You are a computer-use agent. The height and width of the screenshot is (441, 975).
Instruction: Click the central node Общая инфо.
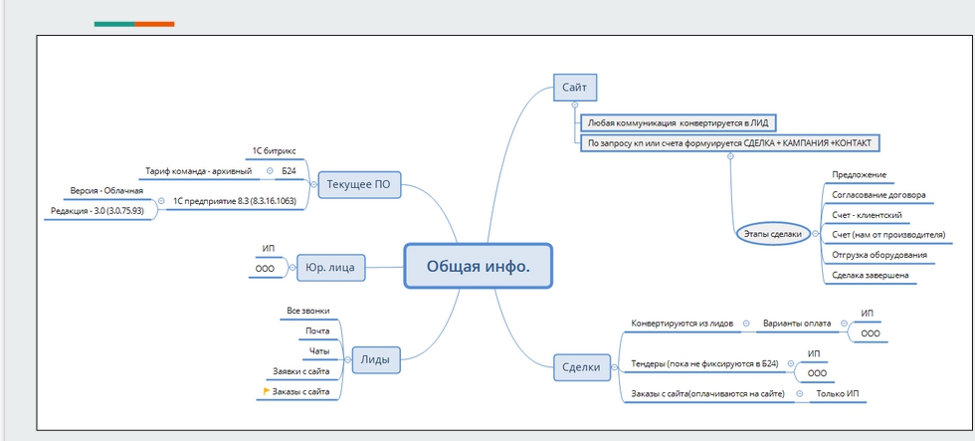pyautogui.click(x=478, y=266)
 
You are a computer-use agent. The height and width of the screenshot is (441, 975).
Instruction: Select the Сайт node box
pyautogui.click(x=574, y=89)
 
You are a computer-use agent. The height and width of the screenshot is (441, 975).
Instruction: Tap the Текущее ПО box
pyautogui.click(x=358, y=183)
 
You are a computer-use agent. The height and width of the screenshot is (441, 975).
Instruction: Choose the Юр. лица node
pyautogui.click(x=331, y=266)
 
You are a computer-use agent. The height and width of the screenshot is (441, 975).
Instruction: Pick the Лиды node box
pyautogui.click(x=374, y=359)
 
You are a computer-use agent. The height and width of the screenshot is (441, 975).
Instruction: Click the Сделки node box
pyautogui.click(x=581, y=367)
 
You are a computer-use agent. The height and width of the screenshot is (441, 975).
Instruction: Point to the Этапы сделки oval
pyautogui.click(x=772, y=233)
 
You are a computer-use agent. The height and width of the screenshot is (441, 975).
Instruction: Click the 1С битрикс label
pyautogui.click(x=274, y=150)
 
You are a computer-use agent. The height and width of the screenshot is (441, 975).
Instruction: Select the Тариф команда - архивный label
pyautogui.click(x=199, y=170)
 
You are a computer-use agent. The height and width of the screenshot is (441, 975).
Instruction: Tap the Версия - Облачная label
pyautogui.click(x=106, y=190)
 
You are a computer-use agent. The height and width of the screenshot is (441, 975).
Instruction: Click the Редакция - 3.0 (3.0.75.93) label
pyautogui.click(x=97, y=210)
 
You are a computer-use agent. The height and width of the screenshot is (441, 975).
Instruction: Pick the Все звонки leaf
pyautogui.click(x=307, y=311)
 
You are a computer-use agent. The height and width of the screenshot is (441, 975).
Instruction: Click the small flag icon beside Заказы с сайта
pyautogui.click(x=253, y=391)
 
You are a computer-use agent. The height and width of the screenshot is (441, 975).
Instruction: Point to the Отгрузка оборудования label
pyautogui.click(x=879, y=254)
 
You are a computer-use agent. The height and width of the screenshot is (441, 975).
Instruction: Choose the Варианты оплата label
pyautogui.click(x=796, y=324)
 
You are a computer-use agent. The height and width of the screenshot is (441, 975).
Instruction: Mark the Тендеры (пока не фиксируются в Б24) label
pyautogui.click(x=704, y=363)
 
